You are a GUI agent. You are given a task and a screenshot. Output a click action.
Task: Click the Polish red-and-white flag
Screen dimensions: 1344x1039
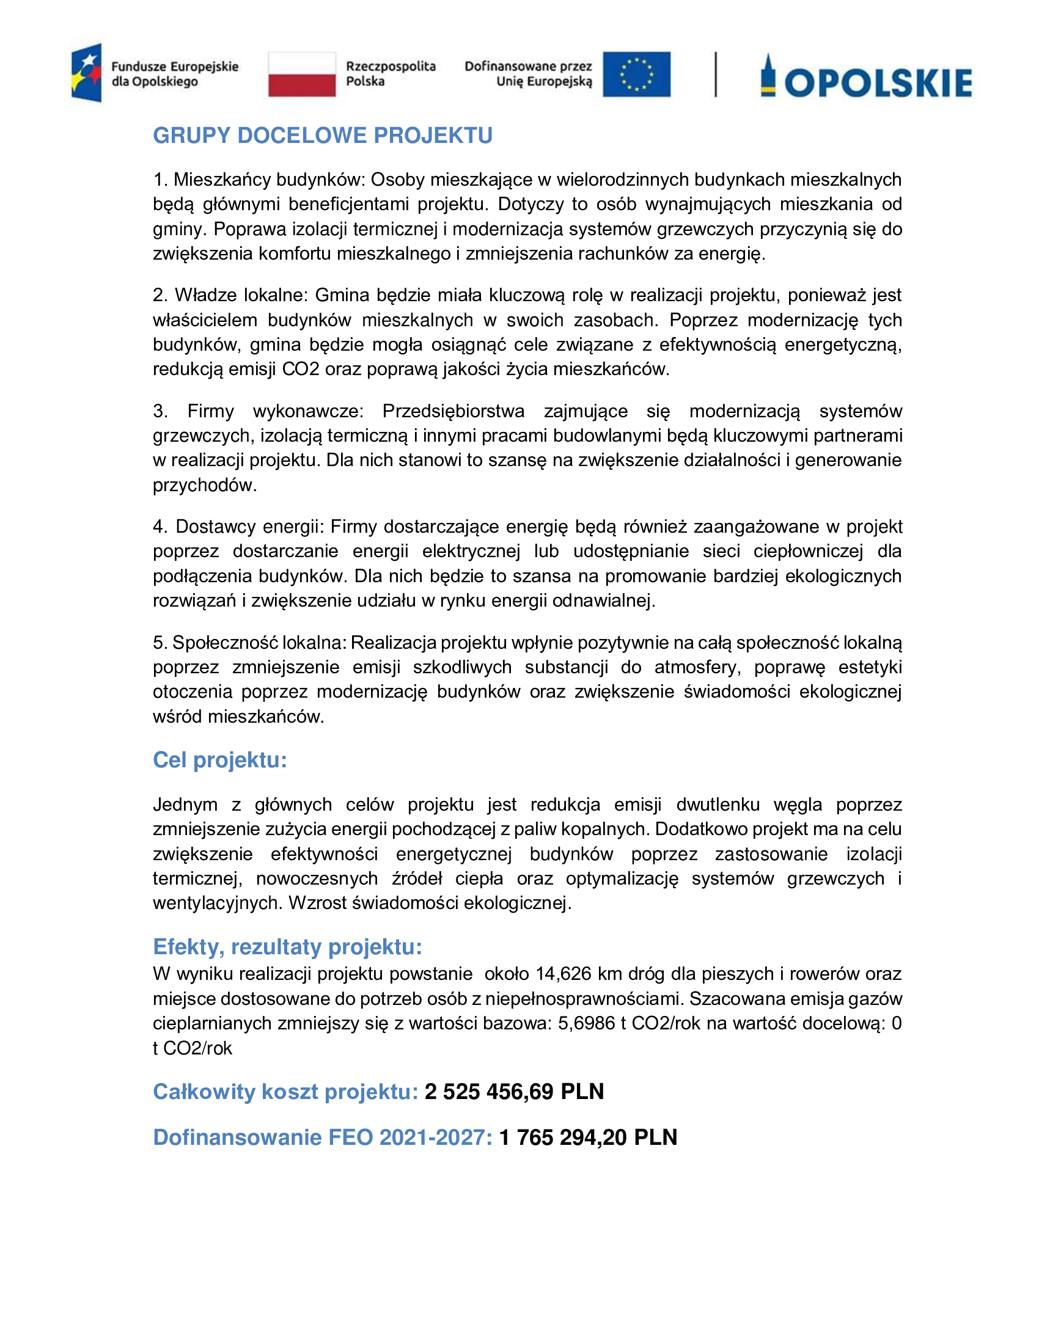[301, 75]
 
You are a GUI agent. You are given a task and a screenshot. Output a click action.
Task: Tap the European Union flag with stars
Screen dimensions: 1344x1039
[636, 75]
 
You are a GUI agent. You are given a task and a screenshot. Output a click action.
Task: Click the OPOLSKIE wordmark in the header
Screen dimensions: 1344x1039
[878, 83]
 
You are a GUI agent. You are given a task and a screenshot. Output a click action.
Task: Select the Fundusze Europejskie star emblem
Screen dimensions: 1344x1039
[87, 73]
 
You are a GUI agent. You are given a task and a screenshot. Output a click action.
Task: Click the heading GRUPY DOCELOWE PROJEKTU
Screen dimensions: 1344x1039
[323, 136]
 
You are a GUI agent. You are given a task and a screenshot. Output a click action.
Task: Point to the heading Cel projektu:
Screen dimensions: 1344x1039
[220, 760]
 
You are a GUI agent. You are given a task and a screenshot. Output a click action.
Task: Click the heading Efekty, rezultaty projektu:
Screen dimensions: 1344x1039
[287, 946]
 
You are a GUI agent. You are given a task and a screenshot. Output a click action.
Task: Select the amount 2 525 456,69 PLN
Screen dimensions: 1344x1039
[514, 1092]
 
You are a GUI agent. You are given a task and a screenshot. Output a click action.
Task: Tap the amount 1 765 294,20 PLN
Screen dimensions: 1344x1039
[588, 1138]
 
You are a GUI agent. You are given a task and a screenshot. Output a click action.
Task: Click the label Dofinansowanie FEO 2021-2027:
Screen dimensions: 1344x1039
[323, 1138]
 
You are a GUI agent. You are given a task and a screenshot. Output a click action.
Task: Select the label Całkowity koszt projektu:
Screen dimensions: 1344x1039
[285, 1092]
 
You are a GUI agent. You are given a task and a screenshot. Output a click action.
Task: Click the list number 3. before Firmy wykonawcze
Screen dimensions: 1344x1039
[160, 411]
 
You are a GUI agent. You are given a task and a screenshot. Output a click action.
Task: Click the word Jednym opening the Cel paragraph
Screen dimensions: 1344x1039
[185, 805]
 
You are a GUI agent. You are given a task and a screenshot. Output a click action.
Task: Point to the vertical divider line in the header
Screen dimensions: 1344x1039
[715, 75]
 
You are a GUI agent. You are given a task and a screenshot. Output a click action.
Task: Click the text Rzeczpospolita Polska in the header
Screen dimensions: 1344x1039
[391, 74]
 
